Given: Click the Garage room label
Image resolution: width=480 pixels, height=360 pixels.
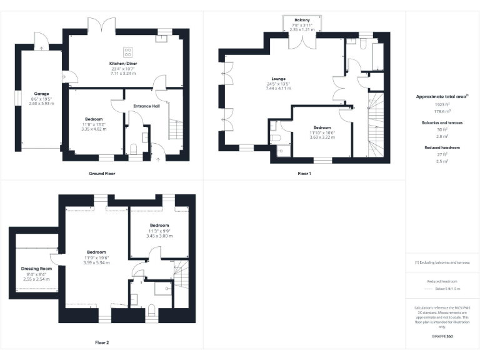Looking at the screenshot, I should click(x=42, y=94).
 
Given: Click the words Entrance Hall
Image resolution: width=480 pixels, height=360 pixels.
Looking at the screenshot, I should click(x=147, y=106).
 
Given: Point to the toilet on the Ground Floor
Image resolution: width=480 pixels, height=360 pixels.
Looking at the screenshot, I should click(x=134, y=149).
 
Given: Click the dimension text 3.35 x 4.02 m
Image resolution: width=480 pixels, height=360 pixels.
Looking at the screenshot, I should click(x=94, y=129).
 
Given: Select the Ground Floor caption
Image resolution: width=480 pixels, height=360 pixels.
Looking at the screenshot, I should click(x=102, y=173).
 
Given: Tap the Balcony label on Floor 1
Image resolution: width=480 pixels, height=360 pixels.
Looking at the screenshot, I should click(x=302, y=20).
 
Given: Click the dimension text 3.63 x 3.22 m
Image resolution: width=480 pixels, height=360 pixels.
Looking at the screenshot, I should click(x=322, y=137).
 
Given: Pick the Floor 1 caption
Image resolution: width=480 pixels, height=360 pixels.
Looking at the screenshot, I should click(x=304, y=173).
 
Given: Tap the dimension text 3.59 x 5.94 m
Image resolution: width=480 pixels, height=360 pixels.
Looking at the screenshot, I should click(x=97, y=262).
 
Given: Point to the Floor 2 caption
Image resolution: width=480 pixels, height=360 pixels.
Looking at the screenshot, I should click(x=102, y=342).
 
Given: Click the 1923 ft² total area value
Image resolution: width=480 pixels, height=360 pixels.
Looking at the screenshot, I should click(x=442, y=104).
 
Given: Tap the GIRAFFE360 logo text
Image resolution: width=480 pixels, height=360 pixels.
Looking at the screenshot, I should click(x=442, y=336).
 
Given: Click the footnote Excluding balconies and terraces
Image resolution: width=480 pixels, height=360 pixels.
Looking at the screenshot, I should click(x=442, y=262).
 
